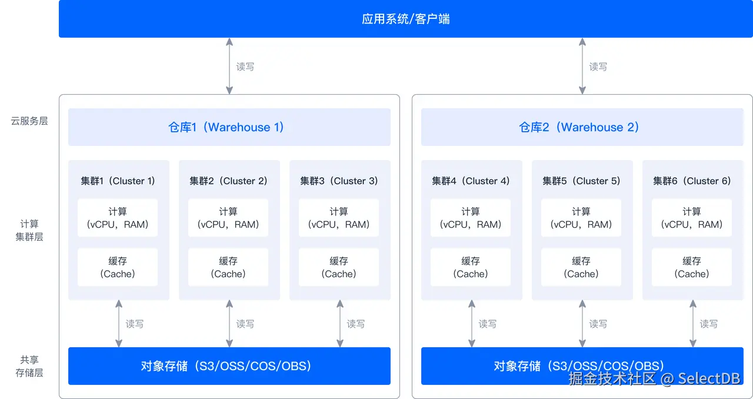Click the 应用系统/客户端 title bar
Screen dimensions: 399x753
pos(406,19)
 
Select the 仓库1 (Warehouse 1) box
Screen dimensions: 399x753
pos(229,127)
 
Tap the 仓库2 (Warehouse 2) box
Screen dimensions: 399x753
pos(582,127)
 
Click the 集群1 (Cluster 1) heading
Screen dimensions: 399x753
pos(118,181)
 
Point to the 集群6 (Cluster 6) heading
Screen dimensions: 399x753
pos(692,181)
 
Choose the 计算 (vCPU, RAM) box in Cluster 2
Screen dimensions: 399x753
pos(228,218)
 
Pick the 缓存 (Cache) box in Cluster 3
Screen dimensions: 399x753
pos(339,267)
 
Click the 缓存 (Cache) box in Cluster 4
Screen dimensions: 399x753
pos(471,267)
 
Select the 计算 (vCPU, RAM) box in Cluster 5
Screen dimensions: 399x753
pos(581,218)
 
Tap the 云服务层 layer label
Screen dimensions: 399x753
pos(29,121)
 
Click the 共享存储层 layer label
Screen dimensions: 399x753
pos(29,366)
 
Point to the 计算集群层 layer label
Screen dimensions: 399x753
pos(29,230)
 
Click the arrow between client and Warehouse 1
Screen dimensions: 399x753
pos(229,66)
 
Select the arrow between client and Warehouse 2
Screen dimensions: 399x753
pos(582,66)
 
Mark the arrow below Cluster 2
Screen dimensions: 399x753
pos(229,324)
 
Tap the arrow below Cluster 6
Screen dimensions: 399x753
pos(693,324)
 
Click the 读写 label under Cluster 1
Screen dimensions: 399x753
pos(135,324)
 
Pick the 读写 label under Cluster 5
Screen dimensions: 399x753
pos(598,324)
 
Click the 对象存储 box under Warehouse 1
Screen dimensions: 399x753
pos(229,366)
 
